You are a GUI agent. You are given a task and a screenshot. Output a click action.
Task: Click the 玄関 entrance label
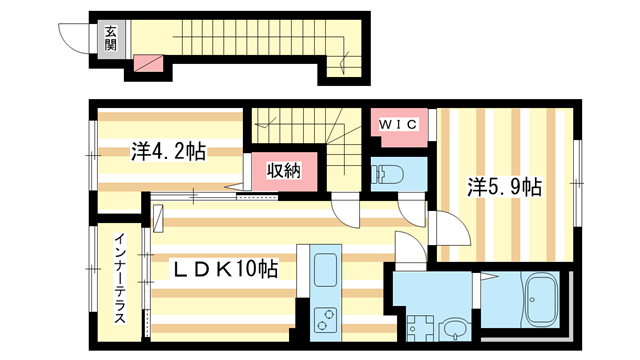coord(110,38)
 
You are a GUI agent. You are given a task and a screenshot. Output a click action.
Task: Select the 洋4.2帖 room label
coord(168,152)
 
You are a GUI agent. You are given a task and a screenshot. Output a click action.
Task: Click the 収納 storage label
coord(283,171)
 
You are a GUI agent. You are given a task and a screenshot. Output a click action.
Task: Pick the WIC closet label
coord(399,124)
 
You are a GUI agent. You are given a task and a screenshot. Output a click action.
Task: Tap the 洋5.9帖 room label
coord(506,187)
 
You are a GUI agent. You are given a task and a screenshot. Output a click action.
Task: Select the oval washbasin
coord(455,327)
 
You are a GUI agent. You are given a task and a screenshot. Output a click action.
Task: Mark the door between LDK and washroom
coord(409,249)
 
